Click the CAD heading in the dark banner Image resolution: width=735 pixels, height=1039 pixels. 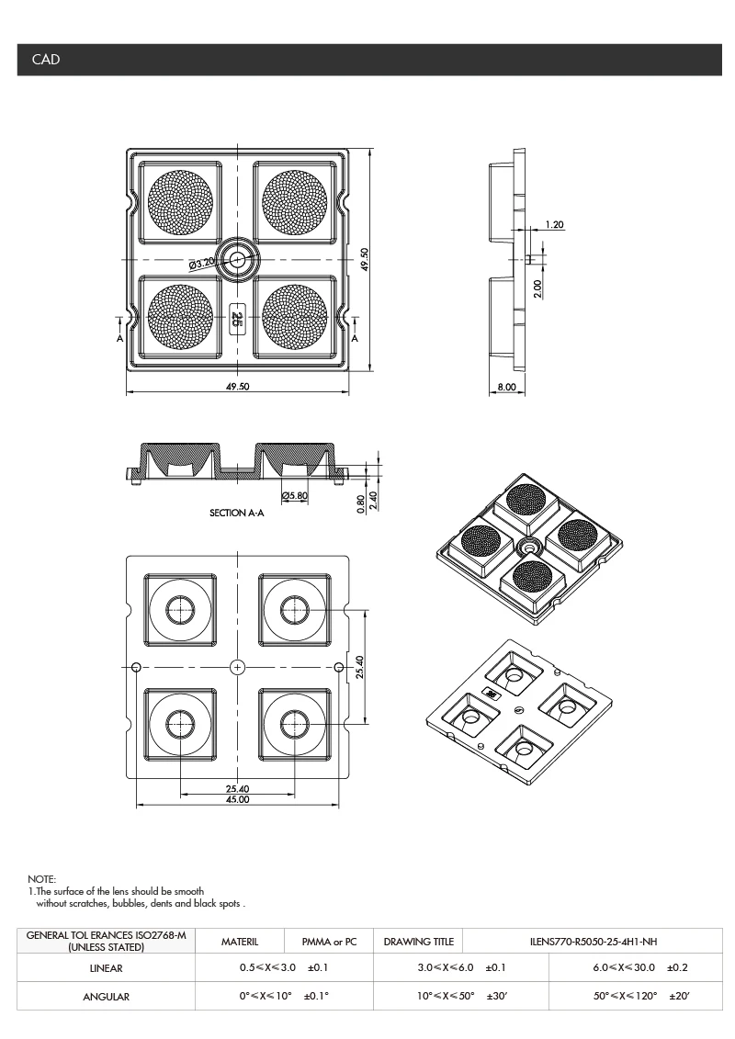46,60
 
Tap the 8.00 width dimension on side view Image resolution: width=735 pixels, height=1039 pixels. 506,389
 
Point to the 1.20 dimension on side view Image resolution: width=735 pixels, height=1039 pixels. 554,224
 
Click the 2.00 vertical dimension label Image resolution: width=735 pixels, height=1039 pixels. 537,288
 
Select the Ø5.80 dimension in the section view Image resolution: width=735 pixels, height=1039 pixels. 295,496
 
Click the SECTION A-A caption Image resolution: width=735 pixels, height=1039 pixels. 236,514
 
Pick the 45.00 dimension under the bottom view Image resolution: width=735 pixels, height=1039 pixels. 237,800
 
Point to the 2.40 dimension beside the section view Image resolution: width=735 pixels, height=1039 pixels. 375,502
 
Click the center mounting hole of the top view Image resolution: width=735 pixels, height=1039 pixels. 238,260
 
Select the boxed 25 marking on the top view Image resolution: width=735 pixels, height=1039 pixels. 237,318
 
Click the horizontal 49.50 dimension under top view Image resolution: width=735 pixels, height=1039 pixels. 237,388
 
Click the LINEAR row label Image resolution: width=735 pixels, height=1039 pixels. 106,968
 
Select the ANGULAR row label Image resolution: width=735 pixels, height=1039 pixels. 106,997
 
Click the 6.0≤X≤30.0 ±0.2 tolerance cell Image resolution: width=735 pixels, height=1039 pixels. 640,968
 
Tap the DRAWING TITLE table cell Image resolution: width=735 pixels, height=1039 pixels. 418,942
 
